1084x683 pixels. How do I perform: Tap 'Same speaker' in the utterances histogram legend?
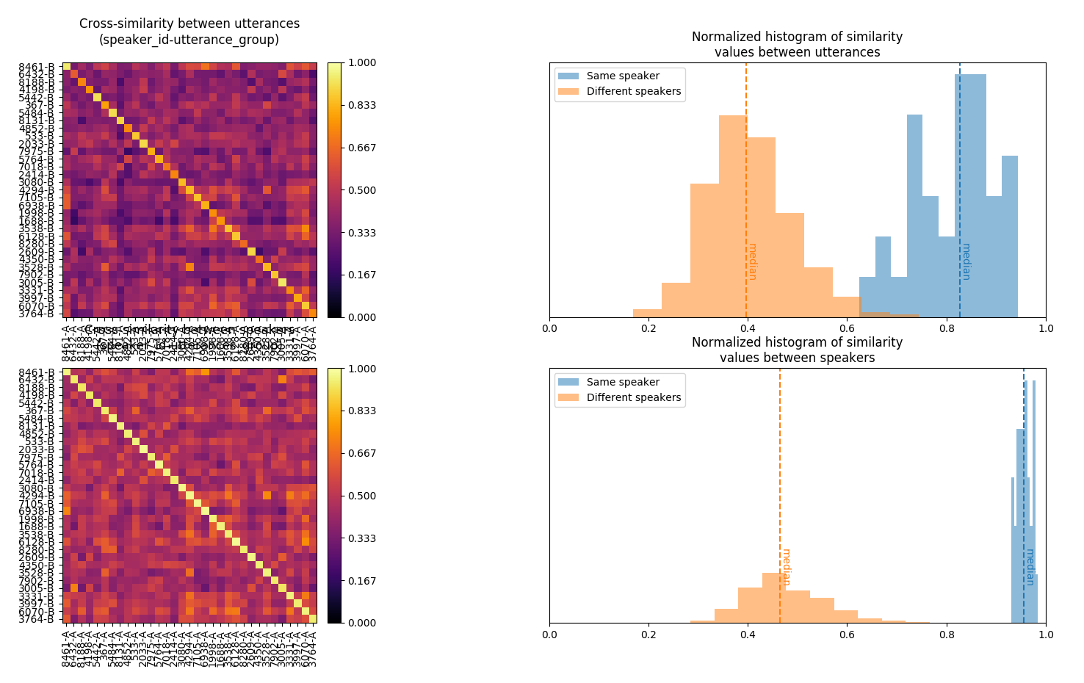pyautogui.click(x=623, y=76)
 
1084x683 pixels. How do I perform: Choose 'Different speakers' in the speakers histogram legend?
pyautogui.click(x=633, y=397)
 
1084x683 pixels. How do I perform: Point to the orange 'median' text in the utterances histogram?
pyautogui.click(x=752, y=261)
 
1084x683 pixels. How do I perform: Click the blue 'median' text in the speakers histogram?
pyautogui.click(x=1030, y=567)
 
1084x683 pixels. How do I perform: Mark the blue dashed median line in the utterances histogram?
pyautogui.click(x=960, y=184)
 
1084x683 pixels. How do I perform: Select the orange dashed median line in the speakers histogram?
pyautogui.click(x=780, y=477)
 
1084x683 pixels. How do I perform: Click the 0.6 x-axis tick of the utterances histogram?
pyautogui.click(x=848, y=328)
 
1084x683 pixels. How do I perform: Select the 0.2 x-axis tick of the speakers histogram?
pyautogui.click(x=648, y=633)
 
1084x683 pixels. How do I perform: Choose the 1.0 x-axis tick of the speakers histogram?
pyautogui.click(x=1046, y=633)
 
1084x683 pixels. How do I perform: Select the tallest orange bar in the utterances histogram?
pyautogui.click(x=733, y=220)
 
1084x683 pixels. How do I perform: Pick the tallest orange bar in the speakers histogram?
pyautogui.click(x=774, y=599)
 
